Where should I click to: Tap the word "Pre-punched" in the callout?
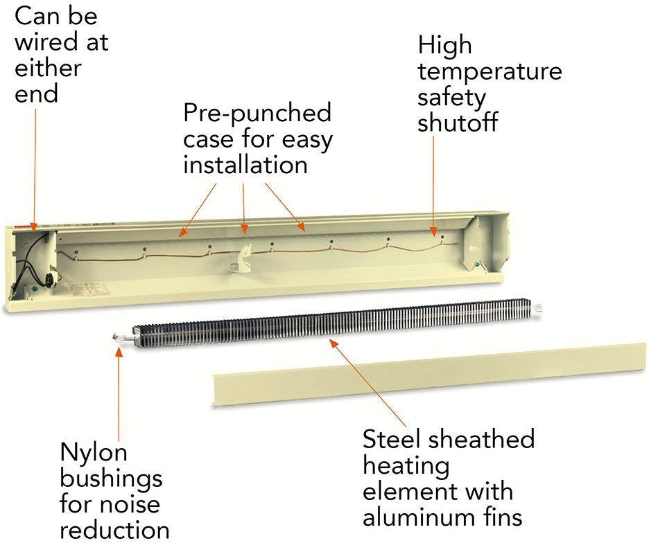pos(257,112)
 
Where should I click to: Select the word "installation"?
pos(245,165)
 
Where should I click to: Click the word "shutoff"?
pos(458,123)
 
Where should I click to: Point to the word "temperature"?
pos(490,71)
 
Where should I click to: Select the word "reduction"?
pos(115,530)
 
